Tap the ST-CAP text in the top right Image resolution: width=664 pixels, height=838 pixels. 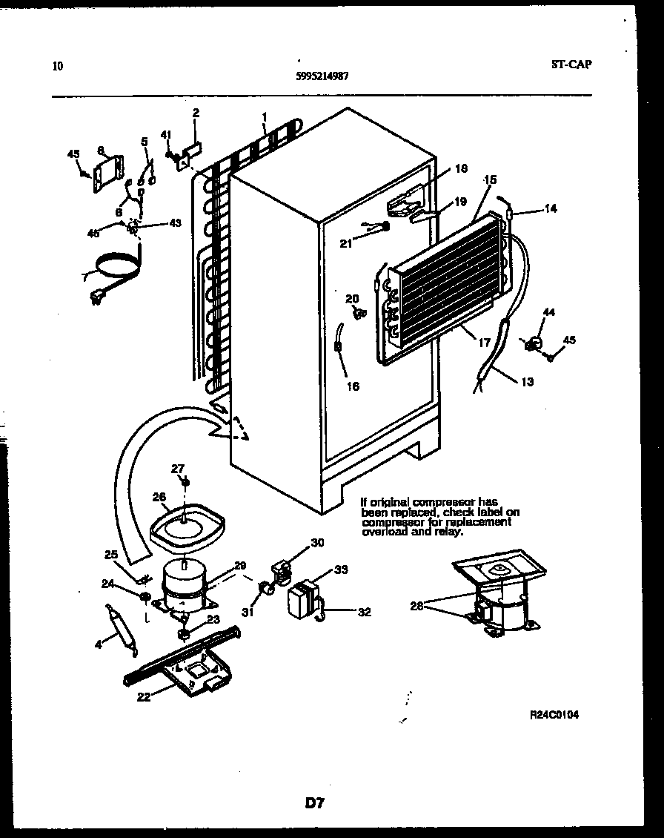point(571,64)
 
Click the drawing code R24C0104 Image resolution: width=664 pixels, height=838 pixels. point(554,715)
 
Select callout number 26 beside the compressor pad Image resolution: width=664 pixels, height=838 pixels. point(158,498)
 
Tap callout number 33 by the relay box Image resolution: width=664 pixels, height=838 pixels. point(341,570)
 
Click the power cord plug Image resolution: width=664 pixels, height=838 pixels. point(96,299)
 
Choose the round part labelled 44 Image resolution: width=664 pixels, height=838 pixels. point(532,343)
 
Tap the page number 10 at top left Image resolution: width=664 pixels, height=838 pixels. point(59,65)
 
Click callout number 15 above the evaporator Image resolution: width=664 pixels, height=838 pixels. point(490,179)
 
